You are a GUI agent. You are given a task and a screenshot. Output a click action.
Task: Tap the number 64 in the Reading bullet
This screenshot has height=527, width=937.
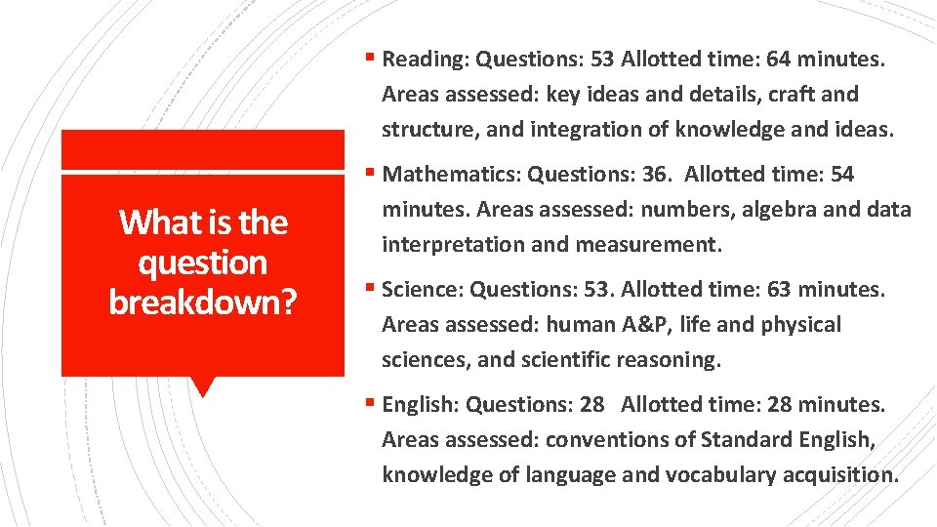point(779,60)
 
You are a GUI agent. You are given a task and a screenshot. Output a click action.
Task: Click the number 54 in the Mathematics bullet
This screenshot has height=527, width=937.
point(840,175)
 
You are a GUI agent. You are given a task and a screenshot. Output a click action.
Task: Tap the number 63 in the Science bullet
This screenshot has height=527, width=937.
point(776,290)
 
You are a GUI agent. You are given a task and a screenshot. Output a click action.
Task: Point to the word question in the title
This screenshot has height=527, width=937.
point(203,263)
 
